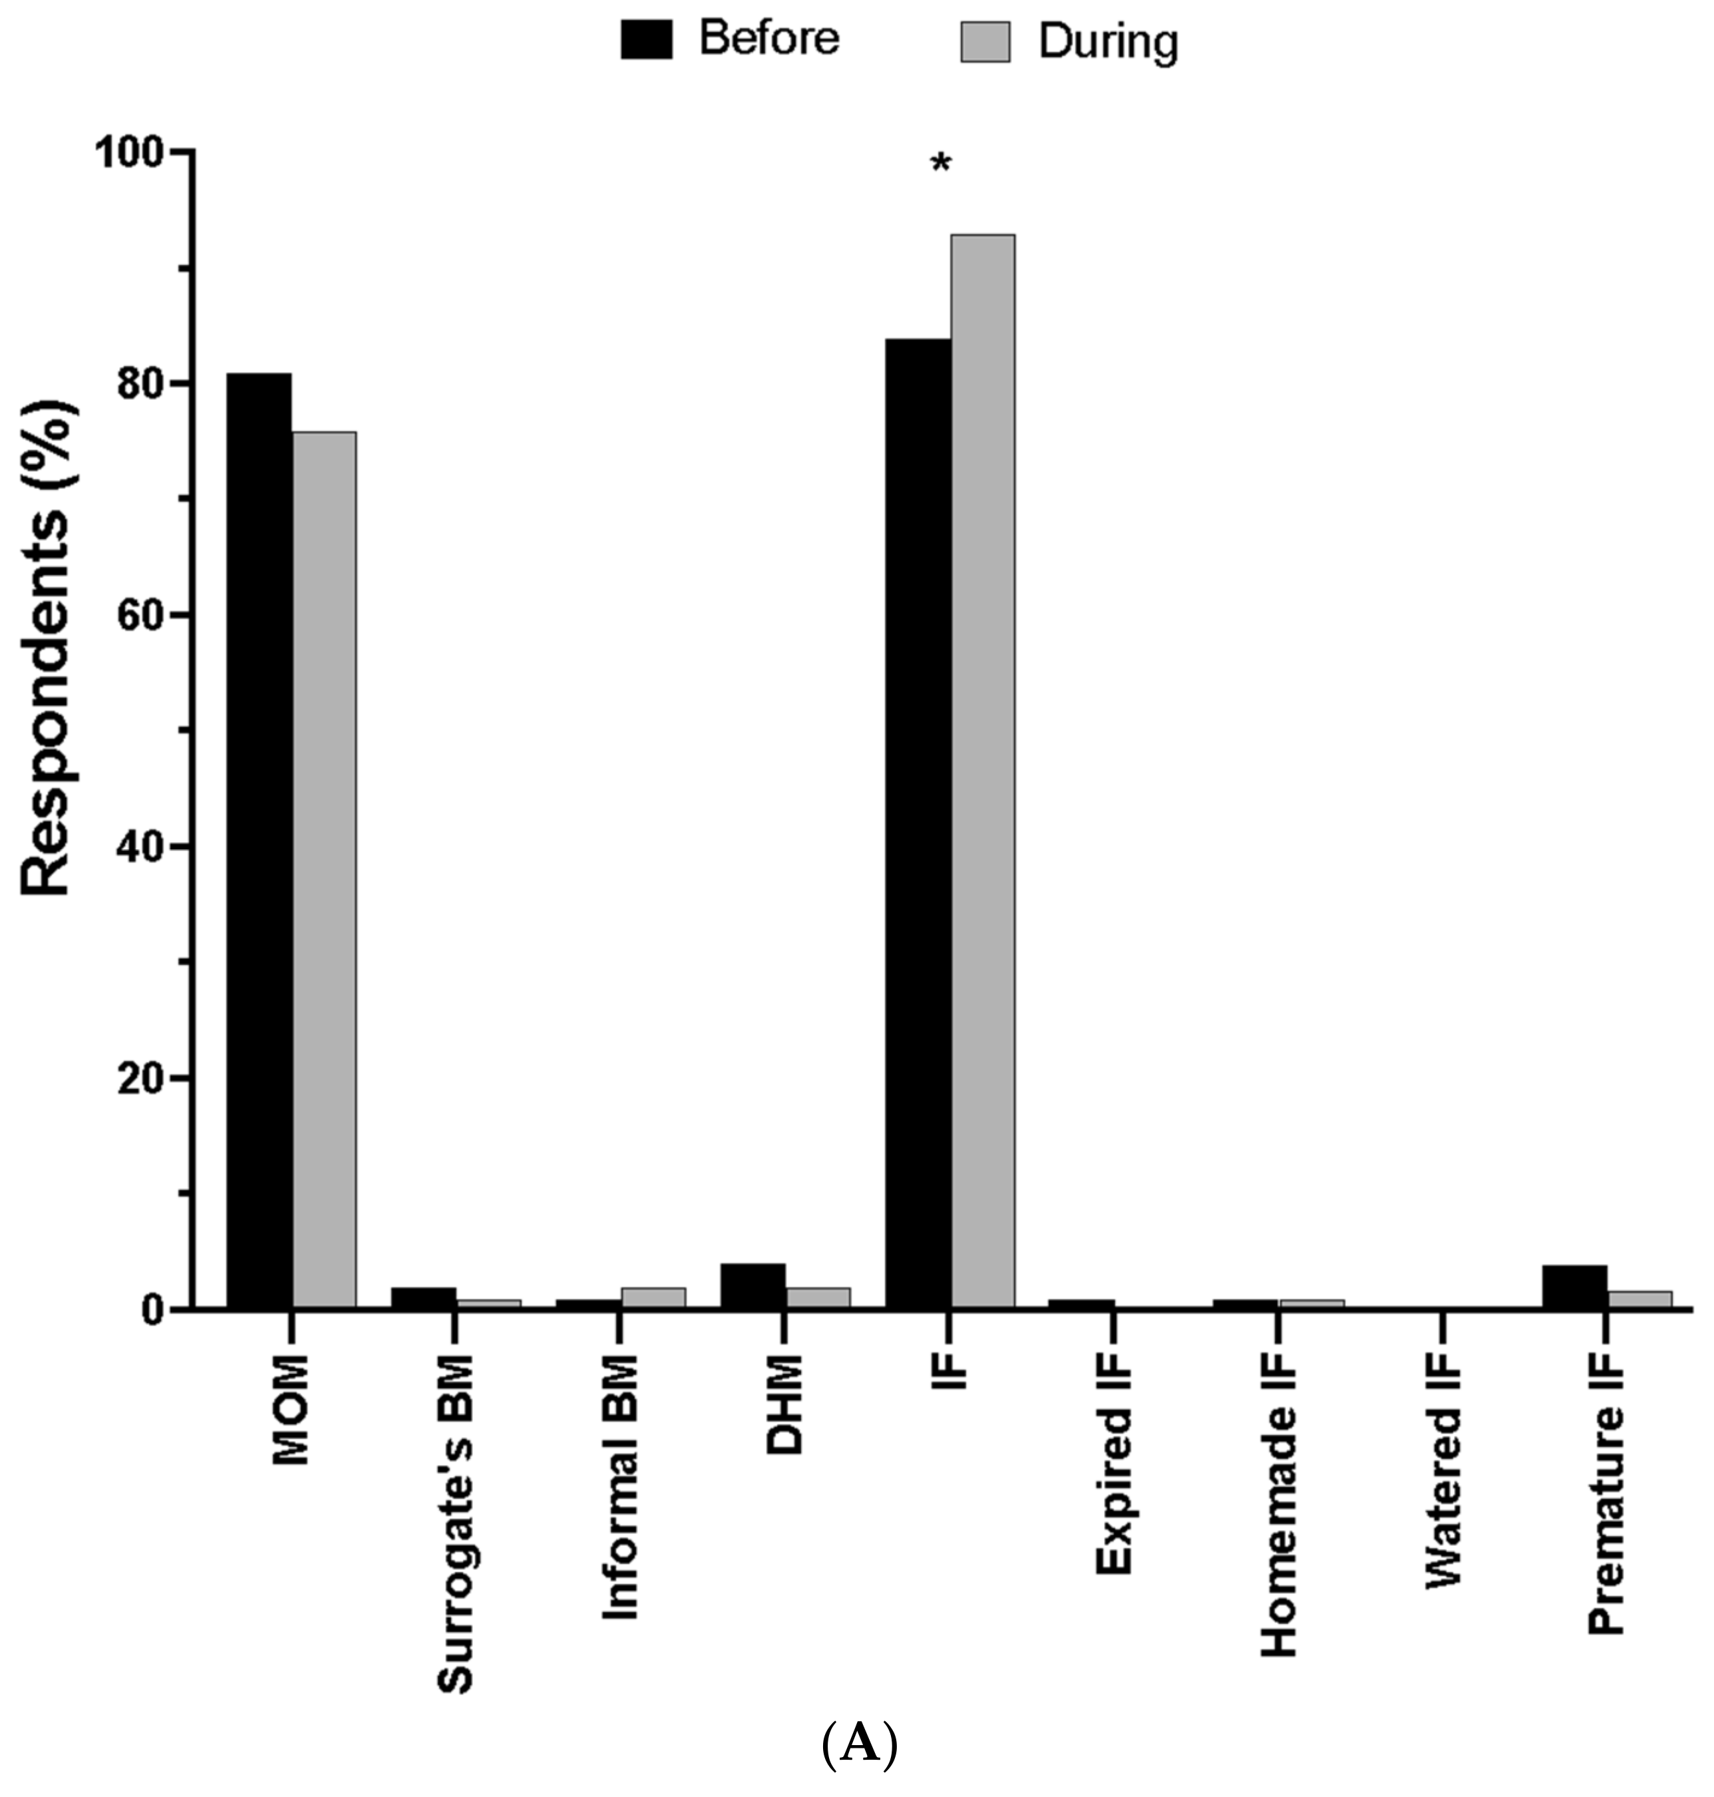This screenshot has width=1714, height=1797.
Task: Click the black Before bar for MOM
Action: pyautogui.click(x=259, y=841)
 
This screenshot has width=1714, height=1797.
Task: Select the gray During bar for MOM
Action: pyautogui.click(x=324, y=869)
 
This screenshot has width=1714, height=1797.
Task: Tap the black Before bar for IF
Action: pyautogui.click(x=918, y=823)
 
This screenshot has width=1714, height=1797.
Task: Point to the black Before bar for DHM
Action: pyautogui.click(x=753, y=1285)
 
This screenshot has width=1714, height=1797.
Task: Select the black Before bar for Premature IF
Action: pyautogui.click(x=1574, y=1286)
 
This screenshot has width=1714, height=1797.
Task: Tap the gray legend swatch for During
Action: pyautogui.click(x=985, y=42)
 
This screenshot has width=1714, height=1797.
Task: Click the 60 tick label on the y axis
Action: pyautogui.click(x=142, y=615)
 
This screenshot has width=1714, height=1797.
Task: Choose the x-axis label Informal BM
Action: pyautogui.click(x=620, y=1487)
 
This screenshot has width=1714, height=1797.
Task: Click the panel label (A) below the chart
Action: pyautogui.click(x=859, y=1744)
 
